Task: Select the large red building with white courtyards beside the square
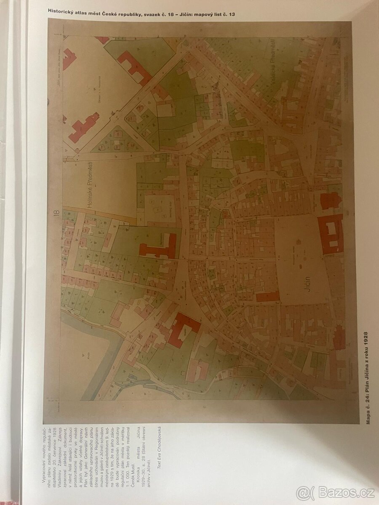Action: (331, 234)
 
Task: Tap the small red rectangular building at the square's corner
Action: (268, 296)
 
